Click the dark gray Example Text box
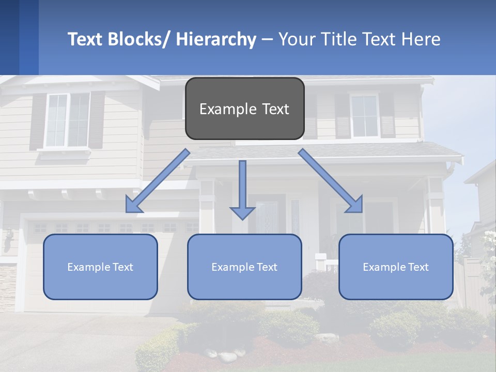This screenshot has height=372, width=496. [244, 109]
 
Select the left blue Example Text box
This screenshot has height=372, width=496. [100, 267]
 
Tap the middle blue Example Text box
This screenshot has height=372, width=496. [244, 267]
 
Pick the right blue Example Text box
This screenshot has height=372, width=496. [396, 267]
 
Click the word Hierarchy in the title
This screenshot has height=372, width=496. [216, 39]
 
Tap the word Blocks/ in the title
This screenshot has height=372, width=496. [139, 39]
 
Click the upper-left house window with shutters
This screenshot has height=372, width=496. [67, 120]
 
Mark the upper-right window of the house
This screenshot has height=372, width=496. [364, 116]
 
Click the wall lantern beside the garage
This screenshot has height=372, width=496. [8, 241]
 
